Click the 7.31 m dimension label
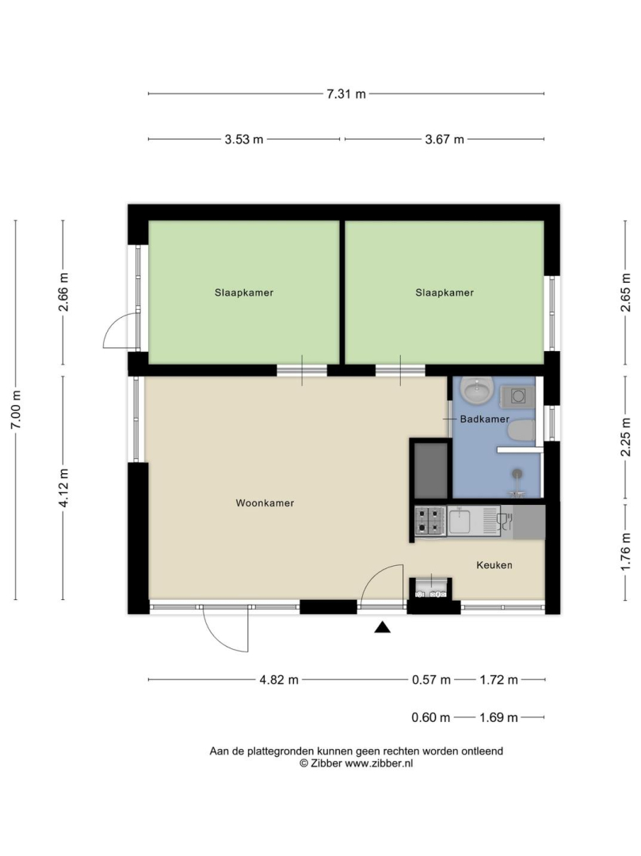tap(346, 94)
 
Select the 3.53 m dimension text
tap(244, 139)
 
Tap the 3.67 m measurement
tap(445, 139)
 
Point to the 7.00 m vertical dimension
tap(16, 410)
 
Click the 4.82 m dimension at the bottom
tap(279, 680)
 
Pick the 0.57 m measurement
tap(431, 680)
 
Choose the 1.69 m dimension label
tap(498, 717)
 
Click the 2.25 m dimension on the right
tap(626, 437)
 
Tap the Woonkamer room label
tap(265, 503)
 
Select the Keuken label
tap(494, 565)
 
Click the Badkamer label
tap(484, 419)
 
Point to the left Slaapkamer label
tap(244, 292)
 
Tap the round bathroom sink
tap(477, 390)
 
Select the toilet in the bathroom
tap(521, 430)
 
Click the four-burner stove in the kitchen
tap(430, 521)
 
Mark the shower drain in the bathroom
tap(517, 473)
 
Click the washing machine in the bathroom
tap(517, 396)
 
